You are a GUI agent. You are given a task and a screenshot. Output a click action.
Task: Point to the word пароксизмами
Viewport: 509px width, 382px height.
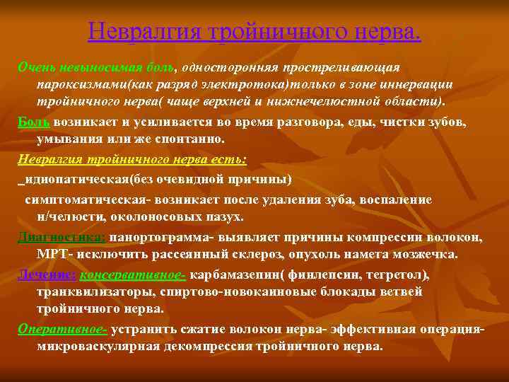[78, 84]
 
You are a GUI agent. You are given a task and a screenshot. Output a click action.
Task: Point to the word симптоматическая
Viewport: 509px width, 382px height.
[83, 199]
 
